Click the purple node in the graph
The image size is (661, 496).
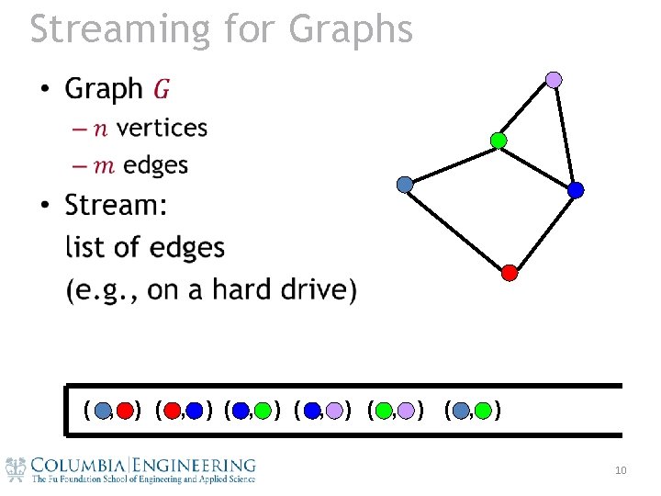554,80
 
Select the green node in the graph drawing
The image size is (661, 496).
499,141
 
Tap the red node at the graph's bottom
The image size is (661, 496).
510,272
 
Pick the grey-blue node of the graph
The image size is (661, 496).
405,185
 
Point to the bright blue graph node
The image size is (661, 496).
576,190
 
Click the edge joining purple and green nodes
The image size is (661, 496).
526,110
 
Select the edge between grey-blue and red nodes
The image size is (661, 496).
457,228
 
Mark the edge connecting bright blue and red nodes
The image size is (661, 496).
543,231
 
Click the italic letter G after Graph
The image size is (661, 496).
161,89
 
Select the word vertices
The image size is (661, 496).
162,128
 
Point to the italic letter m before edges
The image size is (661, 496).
106,165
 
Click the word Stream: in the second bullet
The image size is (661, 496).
117,205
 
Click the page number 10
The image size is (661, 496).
621,471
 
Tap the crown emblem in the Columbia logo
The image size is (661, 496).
16,468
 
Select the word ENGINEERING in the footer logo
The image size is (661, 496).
194,466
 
